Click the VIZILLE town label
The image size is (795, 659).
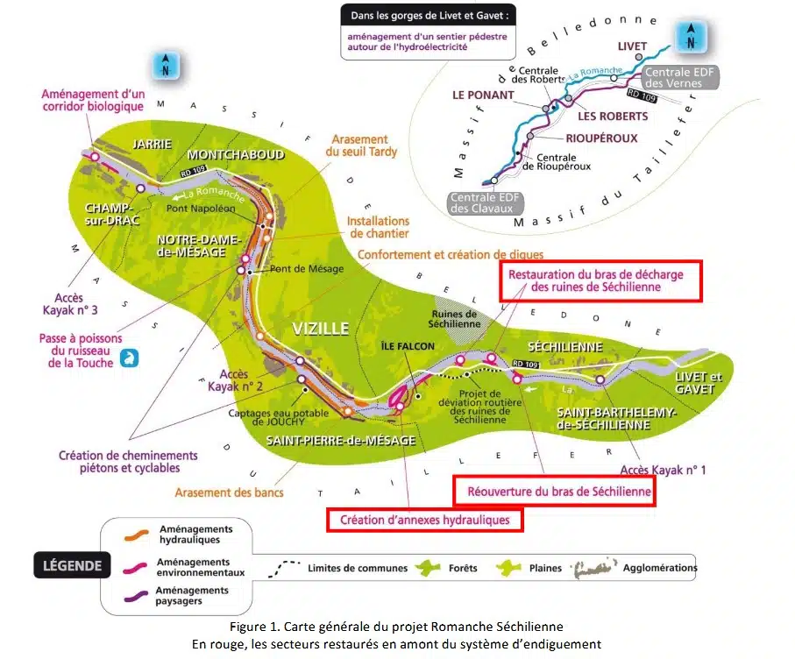321,329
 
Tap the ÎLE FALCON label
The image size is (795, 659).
408,346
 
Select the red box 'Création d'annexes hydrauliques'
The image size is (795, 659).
424,520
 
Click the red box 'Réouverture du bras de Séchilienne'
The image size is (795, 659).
553,492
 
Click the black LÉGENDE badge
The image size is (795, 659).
72,565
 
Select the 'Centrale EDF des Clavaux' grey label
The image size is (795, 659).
486,203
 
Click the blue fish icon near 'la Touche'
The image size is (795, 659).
130,358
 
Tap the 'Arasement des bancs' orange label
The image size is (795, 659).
229,492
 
